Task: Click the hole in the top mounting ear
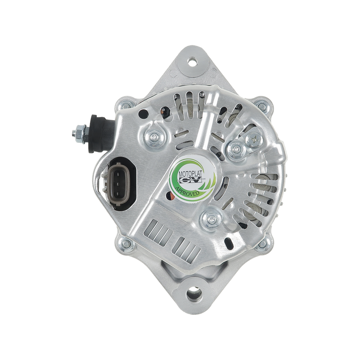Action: pyautogui.click(x=192, y=62)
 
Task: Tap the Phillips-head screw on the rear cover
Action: pyautogui.click(x=254, y=139)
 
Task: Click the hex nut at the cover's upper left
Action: pyautogui.click(x=154, y=138)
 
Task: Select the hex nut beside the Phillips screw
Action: pyautogui.click(x=236, y=150)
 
